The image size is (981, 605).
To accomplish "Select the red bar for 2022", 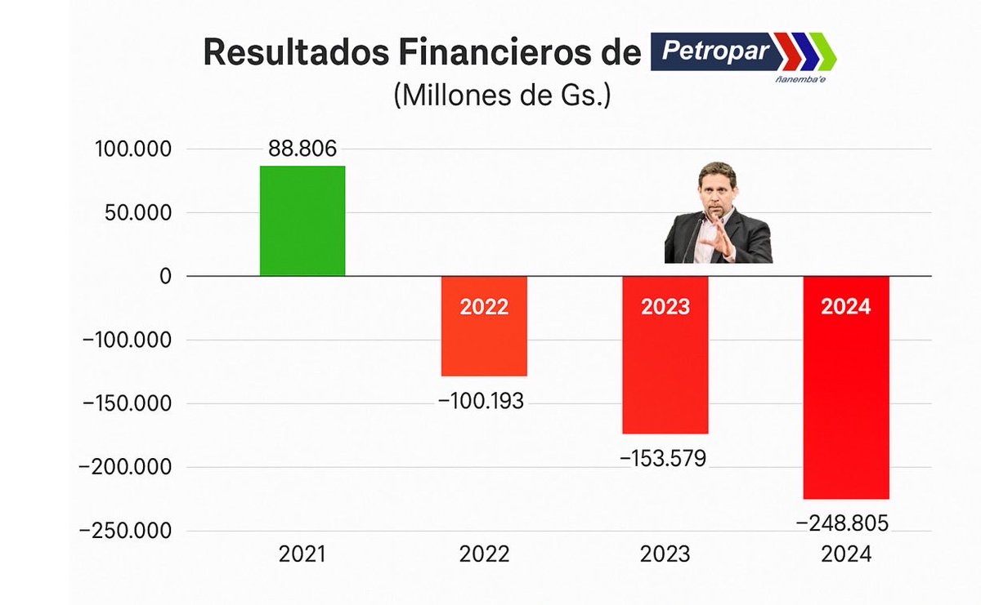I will tap(484, 343).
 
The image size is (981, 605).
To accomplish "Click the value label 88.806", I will tap(302, 149).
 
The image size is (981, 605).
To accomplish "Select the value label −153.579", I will tap(662, 459).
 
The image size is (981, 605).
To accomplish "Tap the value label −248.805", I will tap(843, 523).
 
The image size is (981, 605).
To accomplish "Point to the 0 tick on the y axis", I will tap(166, 276).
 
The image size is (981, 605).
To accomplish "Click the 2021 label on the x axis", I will tap(302, 554).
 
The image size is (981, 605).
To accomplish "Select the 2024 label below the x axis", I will tap(846, 554).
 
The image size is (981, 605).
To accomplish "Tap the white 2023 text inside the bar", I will tap(665, 307).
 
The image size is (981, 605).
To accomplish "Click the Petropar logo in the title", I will tap(743, 55).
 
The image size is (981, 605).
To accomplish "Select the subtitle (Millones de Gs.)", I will tap(502, 96).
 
